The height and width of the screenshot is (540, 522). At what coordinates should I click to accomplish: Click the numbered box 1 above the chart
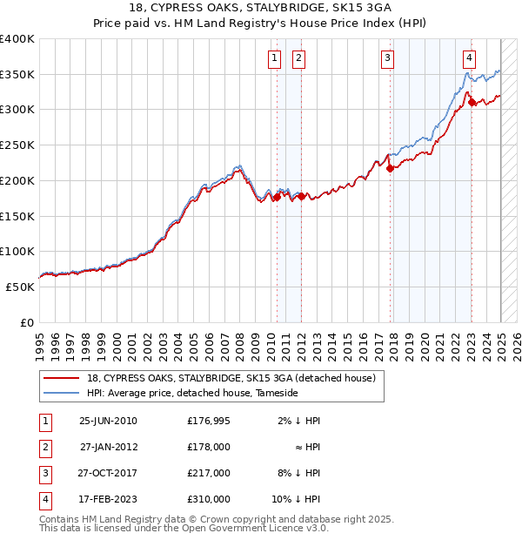pos(275,58)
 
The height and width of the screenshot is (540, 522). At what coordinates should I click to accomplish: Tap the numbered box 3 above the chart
pos(387,58)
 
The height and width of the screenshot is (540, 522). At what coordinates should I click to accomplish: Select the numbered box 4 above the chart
pos(469,58)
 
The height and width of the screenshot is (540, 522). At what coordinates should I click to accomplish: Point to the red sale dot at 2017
pos(390,169)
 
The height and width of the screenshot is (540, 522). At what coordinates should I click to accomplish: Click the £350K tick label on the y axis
pos(17,75)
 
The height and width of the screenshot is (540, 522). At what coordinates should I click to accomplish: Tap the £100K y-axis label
pos(17,252)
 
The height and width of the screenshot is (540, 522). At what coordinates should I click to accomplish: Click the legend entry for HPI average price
pos(192,394)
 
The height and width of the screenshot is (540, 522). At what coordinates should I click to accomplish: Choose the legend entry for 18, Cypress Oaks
pos(231,378)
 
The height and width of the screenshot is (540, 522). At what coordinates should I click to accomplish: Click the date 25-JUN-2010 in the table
pos(108,422)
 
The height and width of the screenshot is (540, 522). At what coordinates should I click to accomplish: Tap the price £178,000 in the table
pos(209,448)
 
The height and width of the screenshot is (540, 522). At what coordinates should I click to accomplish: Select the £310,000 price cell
pos(209,500)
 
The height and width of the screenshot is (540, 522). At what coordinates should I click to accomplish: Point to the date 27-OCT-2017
pos(108,474)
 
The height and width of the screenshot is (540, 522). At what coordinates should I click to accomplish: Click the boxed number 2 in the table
pos(43,448)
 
